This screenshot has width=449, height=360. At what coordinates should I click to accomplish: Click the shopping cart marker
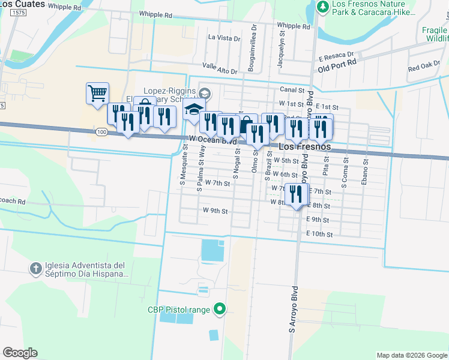pos(97,94)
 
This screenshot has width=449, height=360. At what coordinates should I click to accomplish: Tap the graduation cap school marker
pos(194,110)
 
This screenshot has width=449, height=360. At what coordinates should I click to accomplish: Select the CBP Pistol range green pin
pos(220,310)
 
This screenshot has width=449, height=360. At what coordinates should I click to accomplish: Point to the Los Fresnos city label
pos(298,147)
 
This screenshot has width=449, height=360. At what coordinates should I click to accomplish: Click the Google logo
pos(20,353)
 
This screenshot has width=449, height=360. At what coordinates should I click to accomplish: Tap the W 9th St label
pos(215,211)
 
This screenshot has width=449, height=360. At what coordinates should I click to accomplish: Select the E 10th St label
pos(319,235)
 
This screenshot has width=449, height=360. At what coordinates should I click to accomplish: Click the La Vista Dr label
pos(224,37)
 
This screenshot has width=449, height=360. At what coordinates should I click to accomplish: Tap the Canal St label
pos(292,90)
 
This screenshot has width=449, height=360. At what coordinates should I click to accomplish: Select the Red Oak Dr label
pos(424,67)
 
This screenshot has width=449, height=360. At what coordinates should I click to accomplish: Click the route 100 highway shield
pos(100,131)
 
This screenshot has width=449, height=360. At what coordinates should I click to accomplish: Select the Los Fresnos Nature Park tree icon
pos(324,7)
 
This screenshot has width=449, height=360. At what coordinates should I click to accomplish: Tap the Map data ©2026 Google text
pos(411,355)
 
